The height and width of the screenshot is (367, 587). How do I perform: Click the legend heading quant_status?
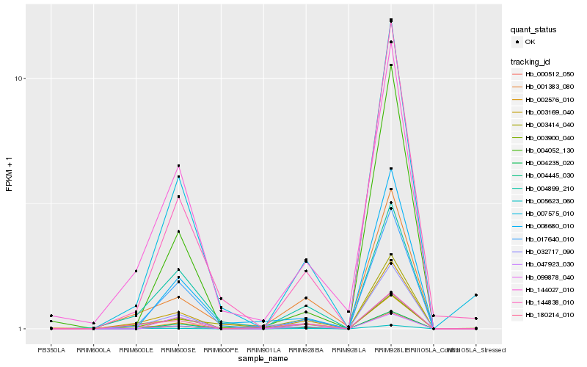pos(533,30)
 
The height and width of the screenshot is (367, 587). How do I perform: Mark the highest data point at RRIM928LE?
pos(391,20)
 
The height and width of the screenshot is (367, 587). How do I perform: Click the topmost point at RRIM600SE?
pos(178,166)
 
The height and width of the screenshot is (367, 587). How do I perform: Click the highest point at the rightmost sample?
pos(475,295)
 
